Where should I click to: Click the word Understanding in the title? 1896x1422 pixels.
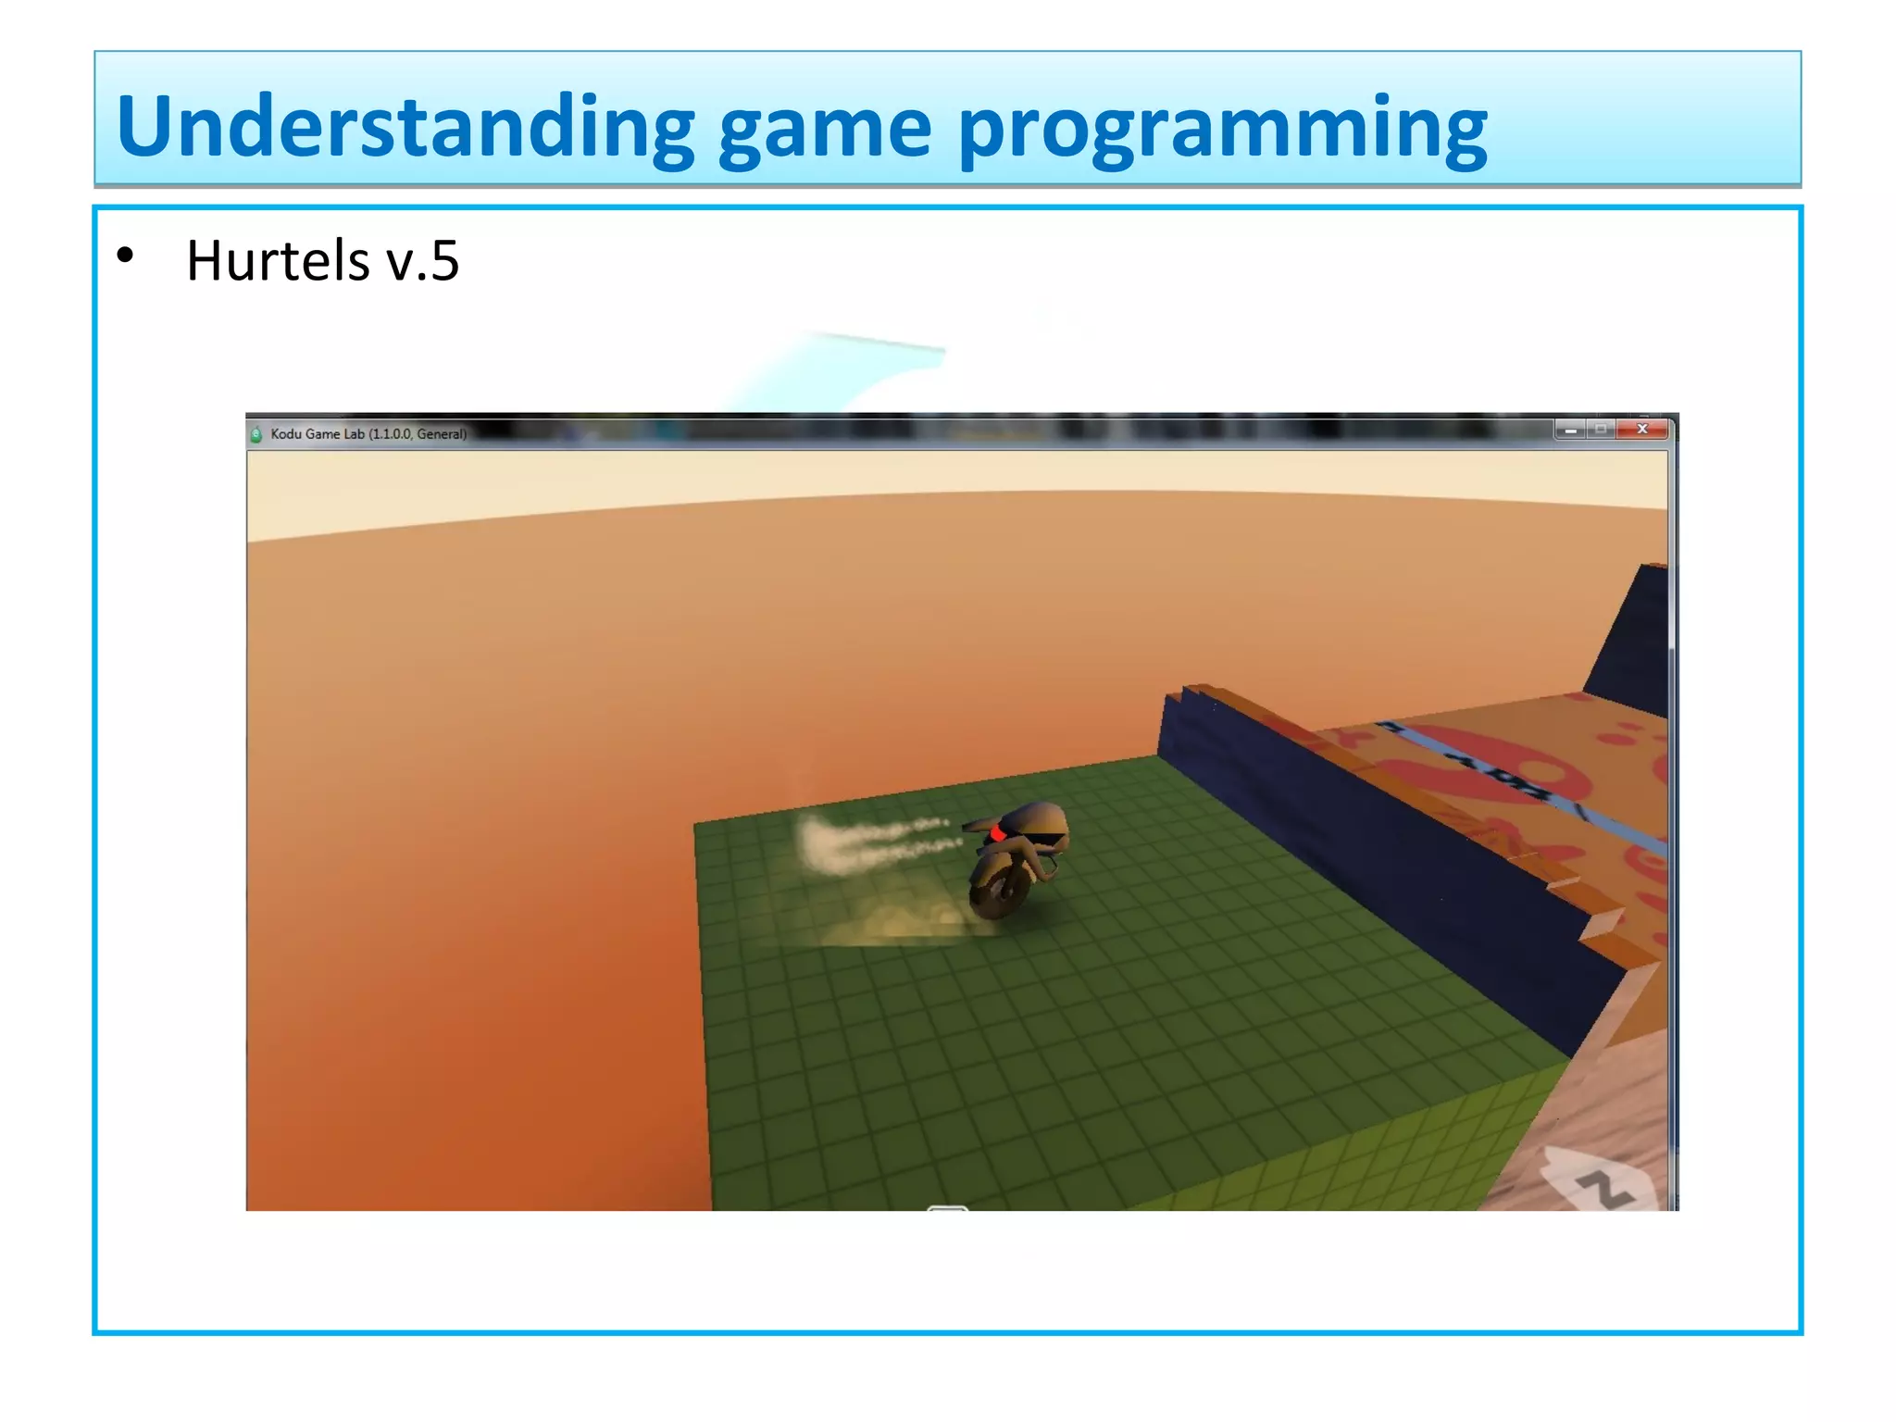pyautogui.click(x=405, y=127)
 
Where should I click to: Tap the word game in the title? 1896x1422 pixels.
pyautogui.click(x=825, y=130)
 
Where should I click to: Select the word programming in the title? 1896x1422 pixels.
pyautogui.click(x=1221, y=130)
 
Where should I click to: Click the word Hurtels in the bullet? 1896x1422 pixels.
pyautogui.click(x=278, y=260)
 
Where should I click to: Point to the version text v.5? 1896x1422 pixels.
pyautogui.click(x=422, y=262)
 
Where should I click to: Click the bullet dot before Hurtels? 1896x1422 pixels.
pyautogui.click(x=126, y=256)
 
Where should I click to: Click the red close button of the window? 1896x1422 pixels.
pyautogui.click(x=1642, y=429)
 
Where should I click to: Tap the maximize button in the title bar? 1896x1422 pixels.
pyautogui.click(x=1601, y=429)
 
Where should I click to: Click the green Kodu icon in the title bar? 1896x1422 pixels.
pyautogui.click(x=256, y=433)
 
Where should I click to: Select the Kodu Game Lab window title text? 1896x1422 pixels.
pyautogui.click(x=368, y=433)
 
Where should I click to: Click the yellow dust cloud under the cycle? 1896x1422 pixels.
pyautogui.click(x=889, y=922)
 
